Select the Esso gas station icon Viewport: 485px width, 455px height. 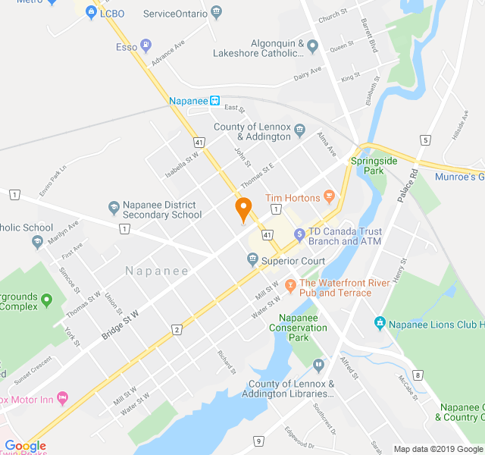pyautogui.click(x=146, y=46)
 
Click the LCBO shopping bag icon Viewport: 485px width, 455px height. pyautogui.click(x=91, y=13)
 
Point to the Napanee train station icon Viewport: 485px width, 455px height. pyautogui.click(x=215, y=100)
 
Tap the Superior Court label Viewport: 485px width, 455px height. pyautogui.click(x=293, y=261)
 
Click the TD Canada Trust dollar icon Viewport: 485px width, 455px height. pyautogui.click(x=299, y=235)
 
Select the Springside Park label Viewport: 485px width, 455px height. pyautogui.click(x=368, y=166)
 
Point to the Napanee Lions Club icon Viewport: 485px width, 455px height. pyautogui.click(x=380, y=324)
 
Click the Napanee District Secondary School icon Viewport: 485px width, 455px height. pyautogui.click(x=114, y=206)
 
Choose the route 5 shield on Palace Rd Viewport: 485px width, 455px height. pyautogui.click(x=426, y=140)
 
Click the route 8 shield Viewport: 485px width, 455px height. pyautogui.click(x=417, y=375)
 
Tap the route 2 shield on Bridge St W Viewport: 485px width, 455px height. pyautogui.click(x=177, y=328)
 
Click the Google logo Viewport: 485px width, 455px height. pyautogui.click(x=25, y=447)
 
